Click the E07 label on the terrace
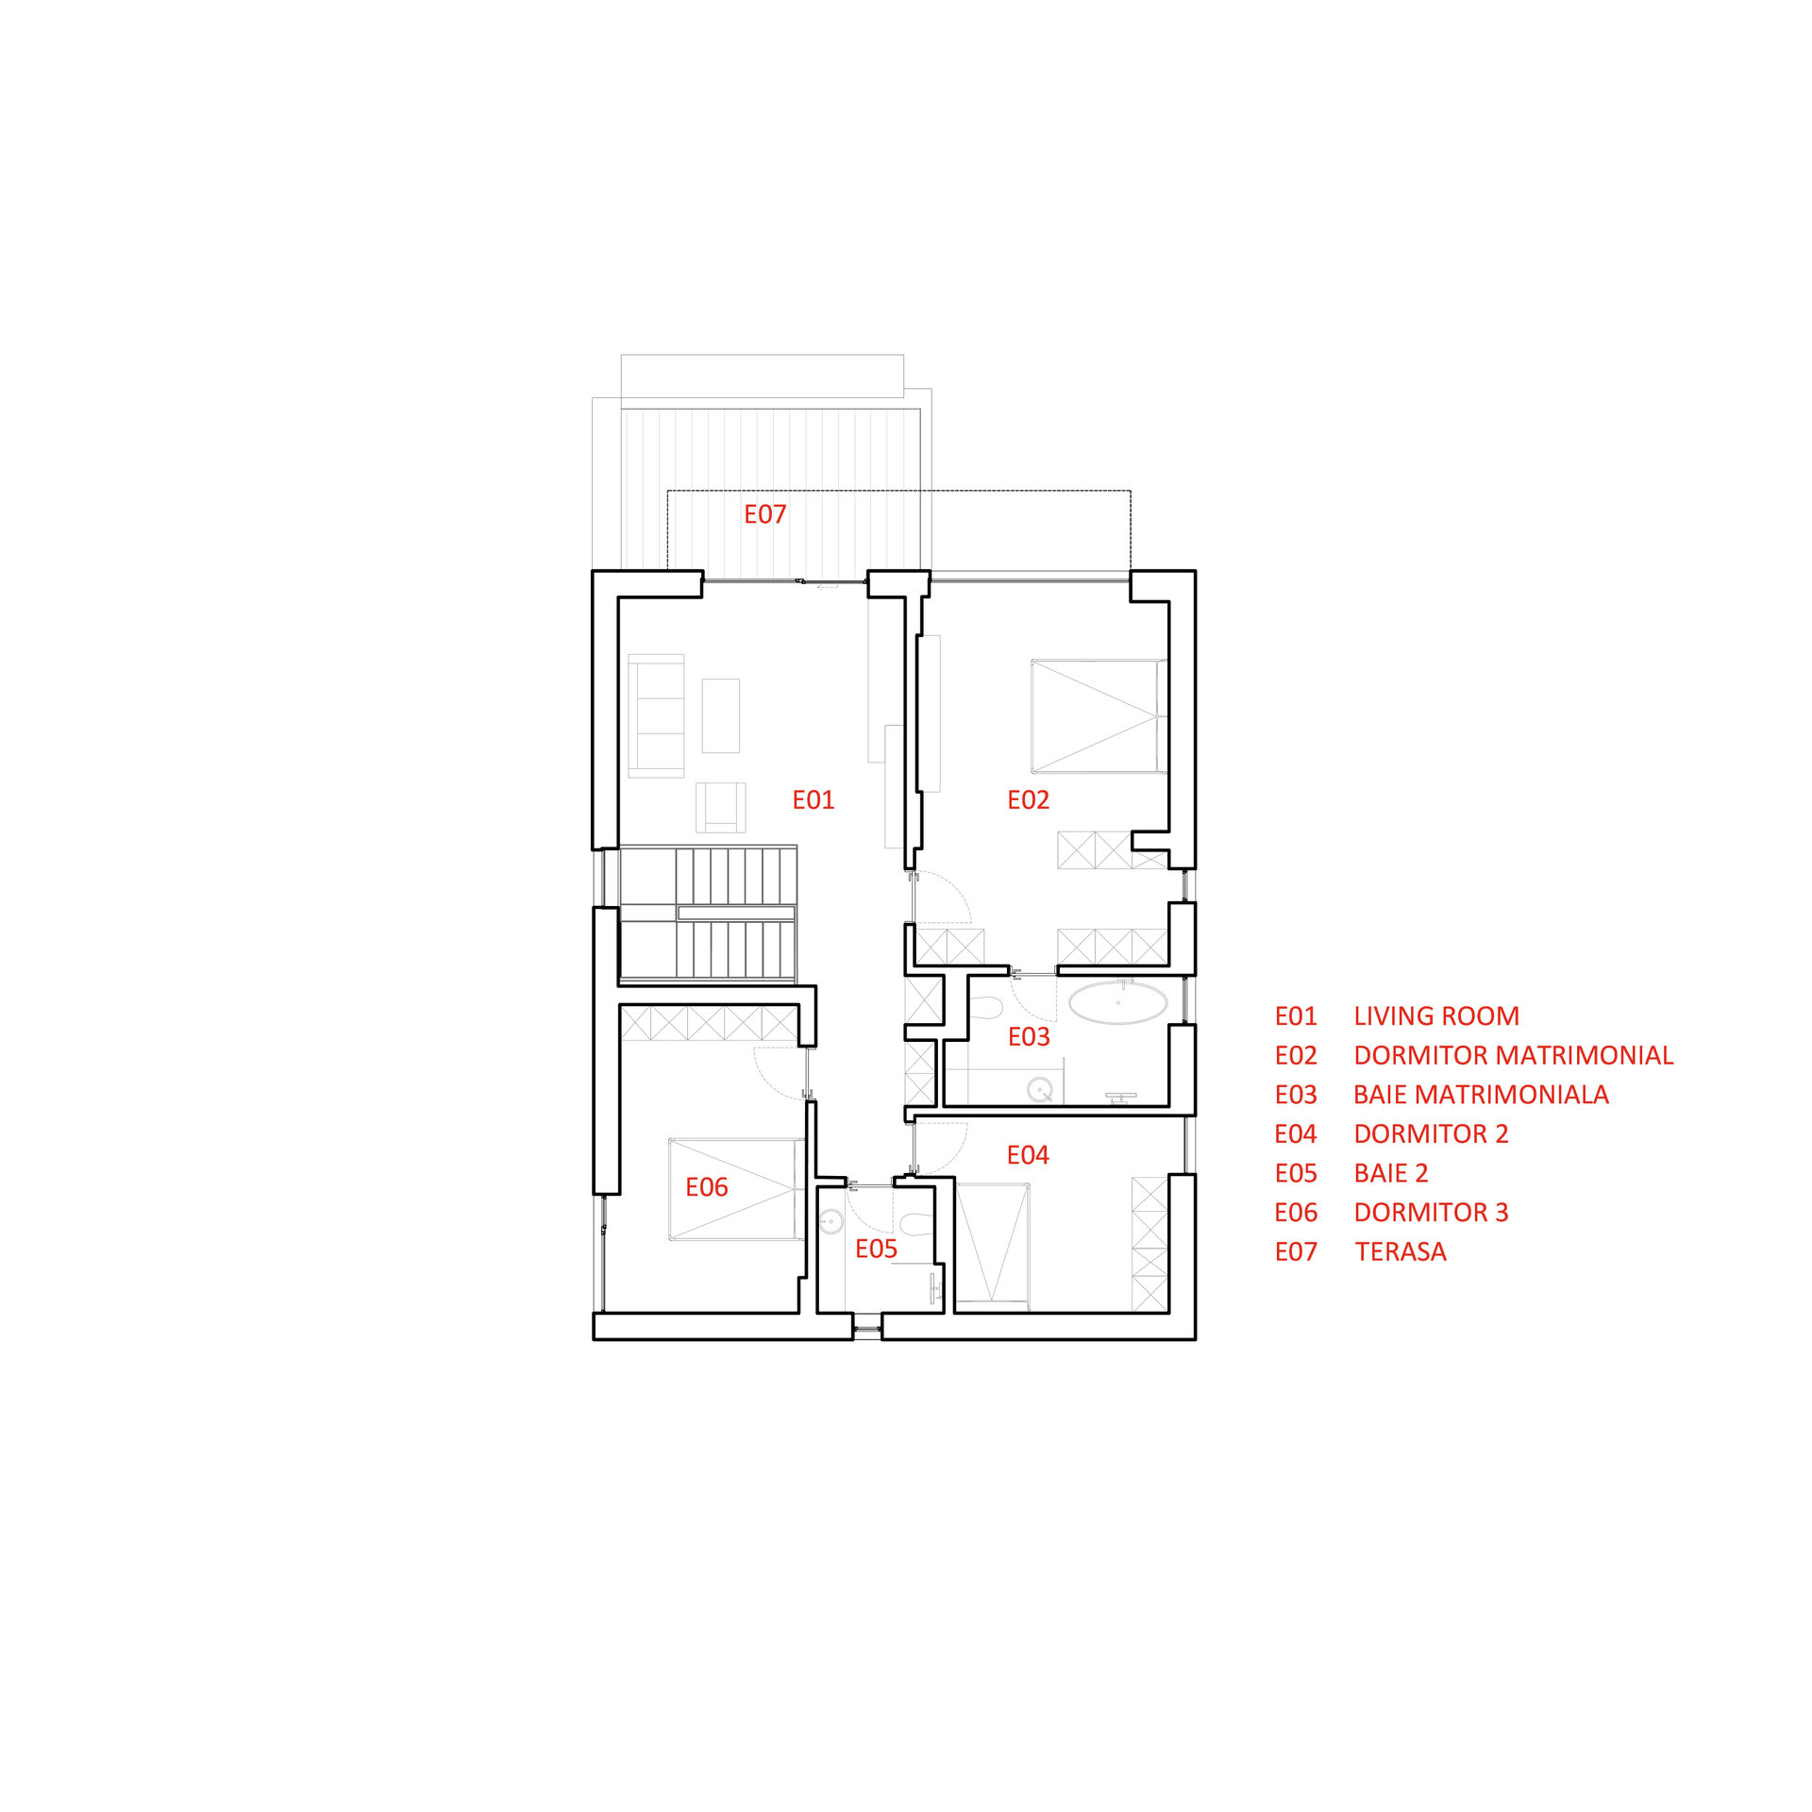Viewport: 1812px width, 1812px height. click(x=764, y=514)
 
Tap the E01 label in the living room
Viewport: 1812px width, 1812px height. click(x=813, y=800)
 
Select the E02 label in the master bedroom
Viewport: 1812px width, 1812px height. click(x=1028, y=800)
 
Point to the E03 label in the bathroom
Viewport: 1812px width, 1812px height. click(x=1029, y=1037)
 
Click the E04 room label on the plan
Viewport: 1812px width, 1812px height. click(x=1028, y=1155)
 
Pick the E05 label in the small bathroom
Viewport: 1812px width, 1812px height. click(x=876, y=1250)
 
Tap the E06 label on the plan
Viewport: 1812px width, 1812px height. click(x=706, y=1187)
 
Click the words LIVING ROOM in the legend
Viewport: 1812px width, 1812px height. click(x=1436, y=1016)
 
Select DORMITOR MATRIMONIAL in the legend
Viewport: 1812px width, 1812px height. click(x=1514, y=1055)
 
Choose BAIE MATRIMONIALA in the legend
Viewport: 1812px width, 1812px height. click(x=1481, y=1095)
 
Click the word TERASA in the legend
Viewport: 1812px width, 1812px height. click(x=1401, y=1251)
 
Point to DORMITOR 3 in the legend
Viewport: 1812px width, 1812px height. click(x=1431, y=1213)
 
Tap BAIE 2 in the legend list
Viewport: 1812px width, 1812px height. click(x=1391, y=1173)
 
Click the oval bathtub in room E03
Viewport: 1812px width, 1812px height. click(x=1117, y=1003)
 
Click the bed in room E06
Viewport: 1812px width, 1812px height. click(x=737, y=1189)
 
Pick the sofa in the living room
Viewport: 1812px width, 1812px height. click(x=656, y=715)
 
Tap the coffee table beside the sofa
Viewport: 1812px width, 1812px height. click(x=721, y=715)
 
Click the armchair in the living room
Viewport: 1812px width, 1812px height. click(x=720, y=808)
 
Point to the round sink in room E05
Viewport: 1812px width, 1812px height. click(x=830, y=1222)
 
